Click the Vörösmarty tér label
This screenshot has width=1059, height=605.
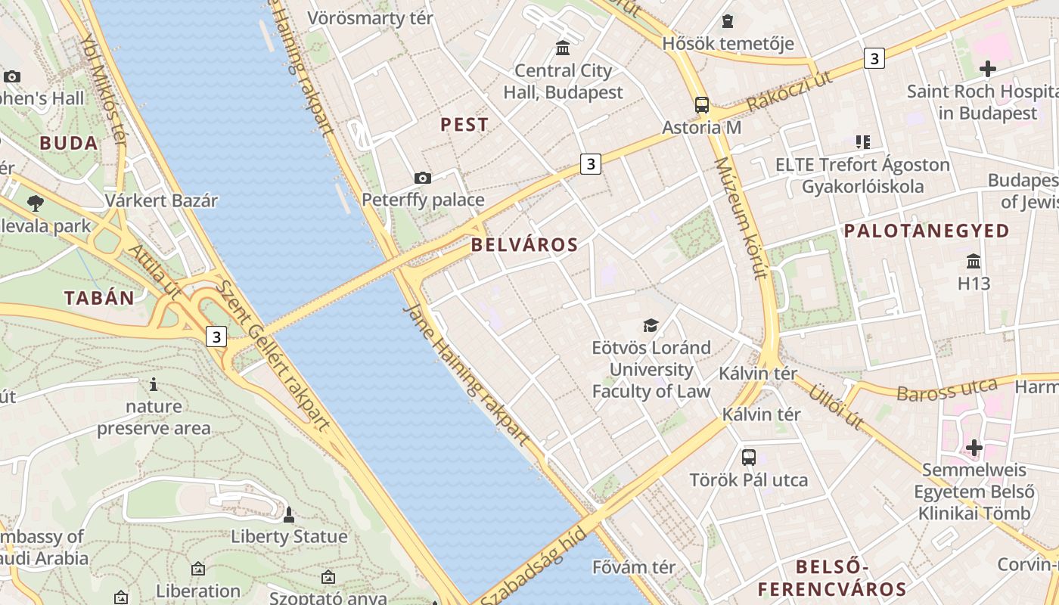coord(370,17)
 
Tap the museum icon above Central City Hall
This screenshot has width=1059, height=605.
coord(563,48)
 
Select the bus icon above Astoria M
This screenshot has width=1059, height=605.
coord(702,104)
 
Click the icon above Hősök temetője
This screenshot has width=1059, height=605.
coord(728,21)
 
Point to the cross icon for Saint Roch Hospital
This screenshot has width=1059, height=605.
coord(987,69)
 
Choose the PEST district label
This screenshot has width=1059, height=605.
coord(464,125)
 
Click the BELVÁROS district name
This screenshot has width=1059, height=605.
coord(524,244)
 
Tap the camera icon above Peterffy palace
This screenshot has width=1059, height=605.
coord(423,178)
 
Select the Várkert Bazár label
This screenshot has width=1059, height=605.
coord(161,200)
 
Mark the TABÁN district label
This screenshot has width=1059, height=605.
coord(99,298)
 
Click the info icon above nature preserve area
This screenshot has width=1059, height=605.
coord(154,384)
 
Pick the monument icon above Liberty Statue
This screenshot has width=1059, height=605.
coord(288,515)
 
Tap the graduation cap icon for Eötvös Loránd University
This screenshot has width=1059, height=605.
coord(651,325)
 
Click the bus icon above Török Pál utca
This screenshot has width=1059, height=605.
coord(748,457)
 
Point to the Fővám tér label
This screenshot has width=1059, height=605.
coord(634,566)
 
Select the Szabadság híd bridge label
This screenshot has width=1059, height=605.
coord(533,568)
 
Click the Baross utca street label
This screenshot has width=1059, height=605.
coord(947,389)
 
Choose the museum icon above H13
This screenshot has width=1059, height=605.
coord(974,261)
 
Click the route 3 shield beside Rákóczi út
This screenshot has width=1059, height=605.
coord(874,57)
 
